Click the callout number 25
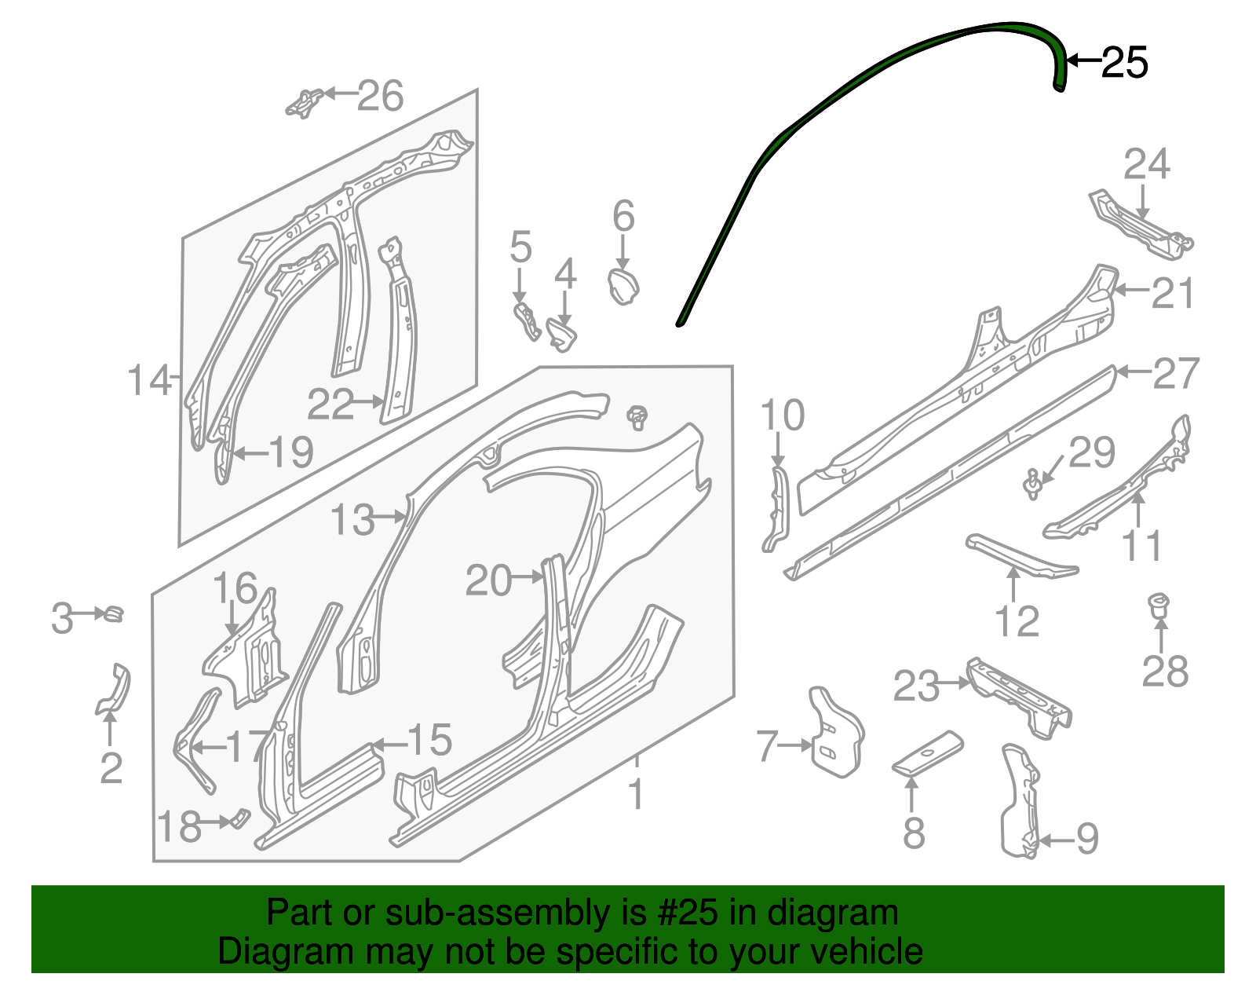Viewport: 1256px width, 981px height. tap(1124, 62)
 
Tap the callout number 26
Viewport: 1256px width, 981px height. tap(381, 96)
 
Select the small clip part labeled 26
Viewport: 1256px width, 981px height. tap(303, 103)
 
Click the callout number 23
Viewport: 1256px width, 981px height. tap(915, 686)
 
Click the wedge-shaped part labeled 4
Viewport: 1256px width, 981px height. tap(561, 335)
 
